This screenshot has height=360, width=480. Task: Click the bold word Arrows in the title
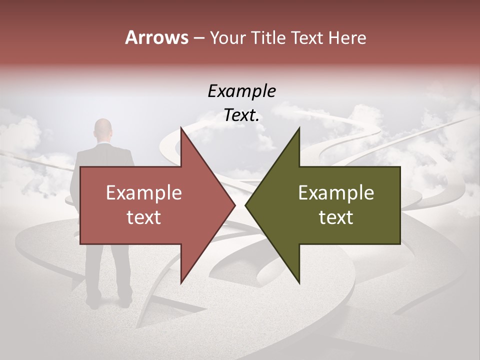(x=156, y=37)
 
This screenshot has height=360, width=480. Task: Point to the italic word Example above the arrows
(x=241, y=91)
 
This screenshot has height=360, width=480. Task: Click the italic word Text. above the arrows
(x=241, y=115)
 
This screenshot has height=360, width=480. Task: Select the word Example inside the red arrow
(x=144, y=192)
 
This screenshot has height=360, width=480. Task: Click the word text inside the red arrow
(x=144, y=217)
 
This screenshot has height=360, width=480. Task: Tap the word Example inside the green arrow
(x=336, y=192)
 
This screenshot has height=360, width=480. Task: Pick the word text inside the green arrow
(x=336, y=217)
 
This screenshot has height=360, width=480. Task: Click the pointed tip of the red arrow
(x=234, y=205)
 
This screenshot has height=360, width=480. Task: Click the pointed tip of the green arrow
(x=246, y=205)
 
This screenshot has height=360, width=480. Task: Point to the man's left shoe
(x=93, y=302)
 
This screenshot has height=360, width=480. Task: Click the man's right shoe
(x=125, y=301)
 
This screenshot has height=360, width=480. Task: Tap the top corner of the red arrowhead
(x=181, y=129)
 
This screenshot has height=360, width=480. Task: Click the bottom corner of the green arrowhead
(x=299, y=283)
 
